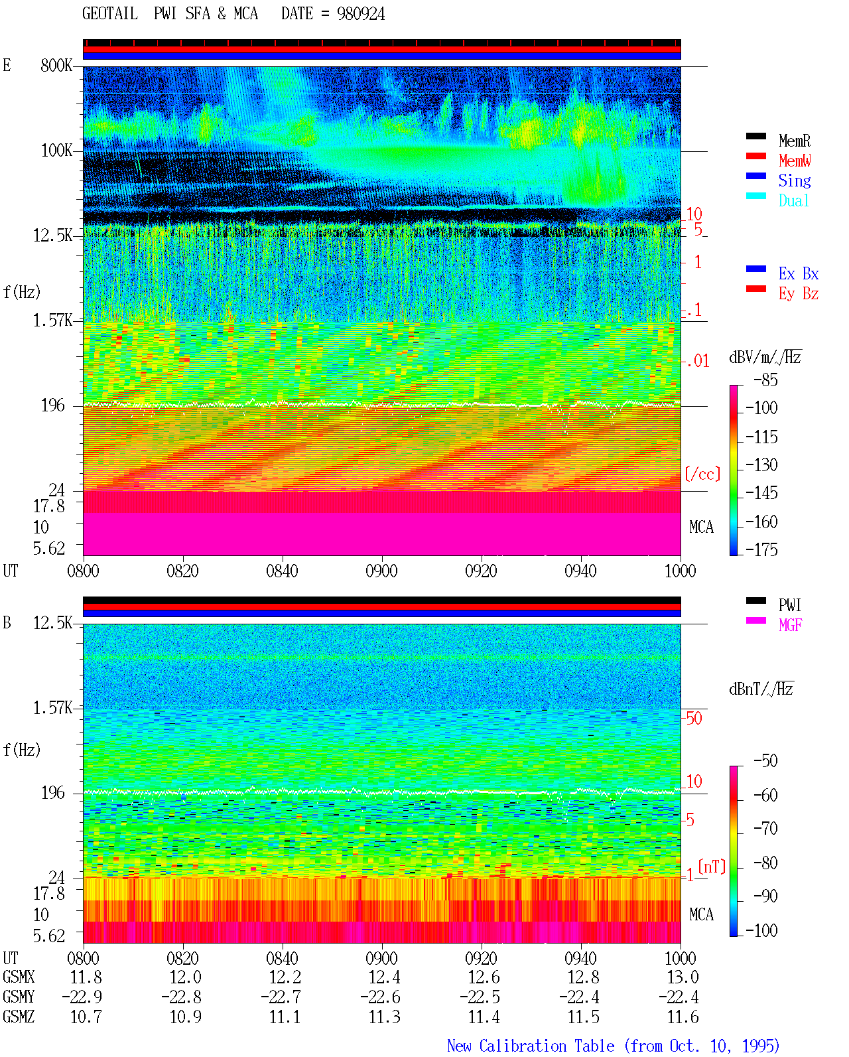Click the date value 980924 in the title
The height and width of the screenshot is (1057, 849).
point(360,14)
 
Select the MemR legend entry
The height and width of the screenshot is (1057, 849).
point(795,141)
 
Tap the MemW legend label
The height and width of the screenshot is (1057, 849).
point(795,161)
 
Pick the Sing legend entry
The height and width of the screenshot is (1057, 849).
point(795,180)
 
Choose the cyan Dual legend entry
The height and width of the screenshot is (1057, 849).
point(794,200)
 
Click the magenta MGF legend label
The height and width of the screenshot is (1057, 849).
point(790,625)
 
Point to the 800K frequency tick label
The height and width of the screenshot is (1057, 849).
point(56,65)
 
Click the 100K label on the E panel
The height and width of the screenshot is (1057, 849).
point(56,151)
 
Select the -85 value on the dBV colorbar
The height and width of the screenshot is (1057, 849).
point(765,380)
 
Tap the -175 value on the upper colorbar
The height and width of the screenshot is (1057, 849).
point(761,549)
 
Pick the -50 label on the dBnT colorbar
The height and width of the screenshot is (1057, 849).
point(765,761)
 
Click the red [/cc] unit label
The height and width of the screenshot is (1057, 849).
point(702,474)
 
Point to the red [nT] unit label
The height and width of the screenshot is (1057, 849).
point(712,867)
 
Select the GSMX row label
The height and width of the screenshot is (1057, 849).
point(19,977)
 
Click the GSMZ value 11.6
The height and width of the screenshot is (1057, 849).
point(683,1017)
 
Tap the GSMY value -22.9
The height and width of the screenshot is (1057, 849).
point(82,997)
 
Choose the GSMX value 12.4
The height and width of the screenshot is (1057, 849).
point(385,977)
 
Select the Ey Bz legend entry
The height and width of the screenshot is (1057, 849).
point(799,294)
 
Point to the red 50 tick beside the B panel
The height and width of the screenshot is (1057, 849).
point(694,718)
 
